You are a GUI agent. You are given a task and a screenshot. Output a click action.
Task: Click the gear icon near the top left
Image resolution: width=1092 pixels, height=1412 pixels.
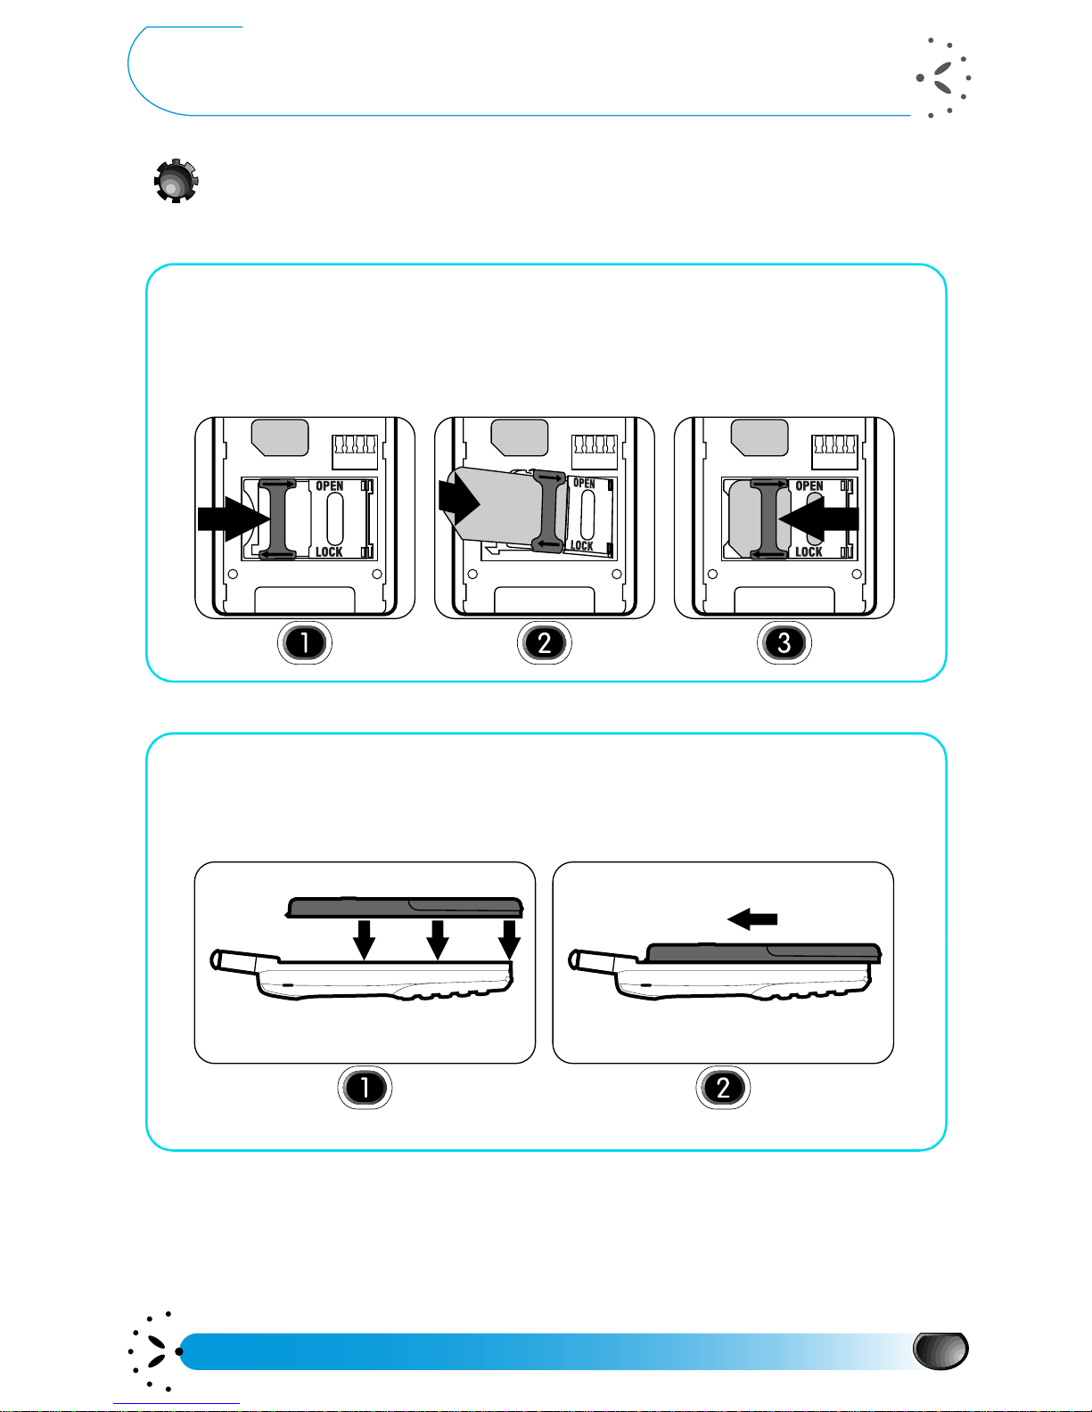(176, 181)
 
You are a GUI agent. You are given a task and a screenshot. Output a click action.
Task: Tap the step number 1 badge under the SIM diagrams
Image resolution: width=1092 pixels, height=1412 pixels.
(305, 642)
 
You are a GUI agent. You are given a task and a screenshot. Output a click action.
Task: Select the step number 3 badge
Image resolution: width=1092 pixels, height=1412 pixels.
(784, 642)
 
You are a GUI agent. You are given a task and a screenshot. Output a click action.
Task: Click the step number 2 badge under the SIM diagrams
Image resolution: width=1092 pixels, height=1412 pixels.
(545, 642)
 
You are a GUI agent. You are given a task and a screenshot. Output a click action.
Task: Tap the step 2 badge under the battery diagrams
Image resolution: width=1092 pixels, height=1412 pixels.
(723, 1087)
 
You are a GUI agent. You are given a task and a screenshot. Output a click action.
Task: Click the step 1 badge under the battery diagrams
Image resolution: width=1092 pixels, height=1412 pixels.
(365, 1087)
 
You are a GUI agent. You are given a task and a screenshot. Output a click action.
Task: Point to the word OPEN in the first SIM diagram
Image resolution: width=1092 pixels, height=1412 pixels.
(330, 486)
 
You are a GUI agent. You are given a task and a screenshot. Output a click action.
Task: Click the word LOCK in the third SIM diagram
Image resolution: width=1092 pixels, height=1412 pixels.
(809, 551)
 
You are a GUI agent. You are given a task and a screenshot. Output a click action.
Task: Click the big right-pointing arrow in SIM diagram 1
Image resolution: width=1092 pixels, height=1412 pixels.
(234, 518)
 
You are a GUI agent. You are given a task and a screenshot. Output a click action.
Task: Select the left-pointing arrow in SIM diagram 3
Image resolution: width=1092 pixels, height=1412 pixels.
(818, 518)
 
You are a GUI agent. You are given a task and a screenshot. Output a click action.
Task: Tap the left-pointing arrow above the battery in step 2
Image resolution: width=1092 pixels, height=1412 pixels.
(752, 918)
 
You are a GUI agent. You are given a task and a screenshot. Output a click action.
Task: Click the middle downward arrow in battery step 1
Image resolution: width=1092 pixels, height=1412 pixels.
(438, 940)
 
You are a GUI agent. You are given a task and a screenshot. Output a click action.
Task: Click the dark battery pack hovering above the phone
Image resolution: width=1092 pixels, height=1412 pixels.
(405, 907)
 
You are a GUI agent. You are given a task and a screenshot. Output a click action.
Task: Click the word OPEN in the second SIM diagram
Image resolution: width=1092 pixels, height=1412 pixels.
(584, 484)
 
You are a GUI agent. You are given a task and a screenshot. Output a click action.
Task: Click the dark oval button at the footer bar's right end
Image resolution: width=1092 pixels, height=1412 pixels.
(940, 1351)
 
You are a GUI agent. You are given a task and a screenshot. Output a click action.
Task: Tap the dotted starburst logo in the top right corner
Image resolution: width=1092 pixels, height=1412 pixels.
(944, 78)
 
